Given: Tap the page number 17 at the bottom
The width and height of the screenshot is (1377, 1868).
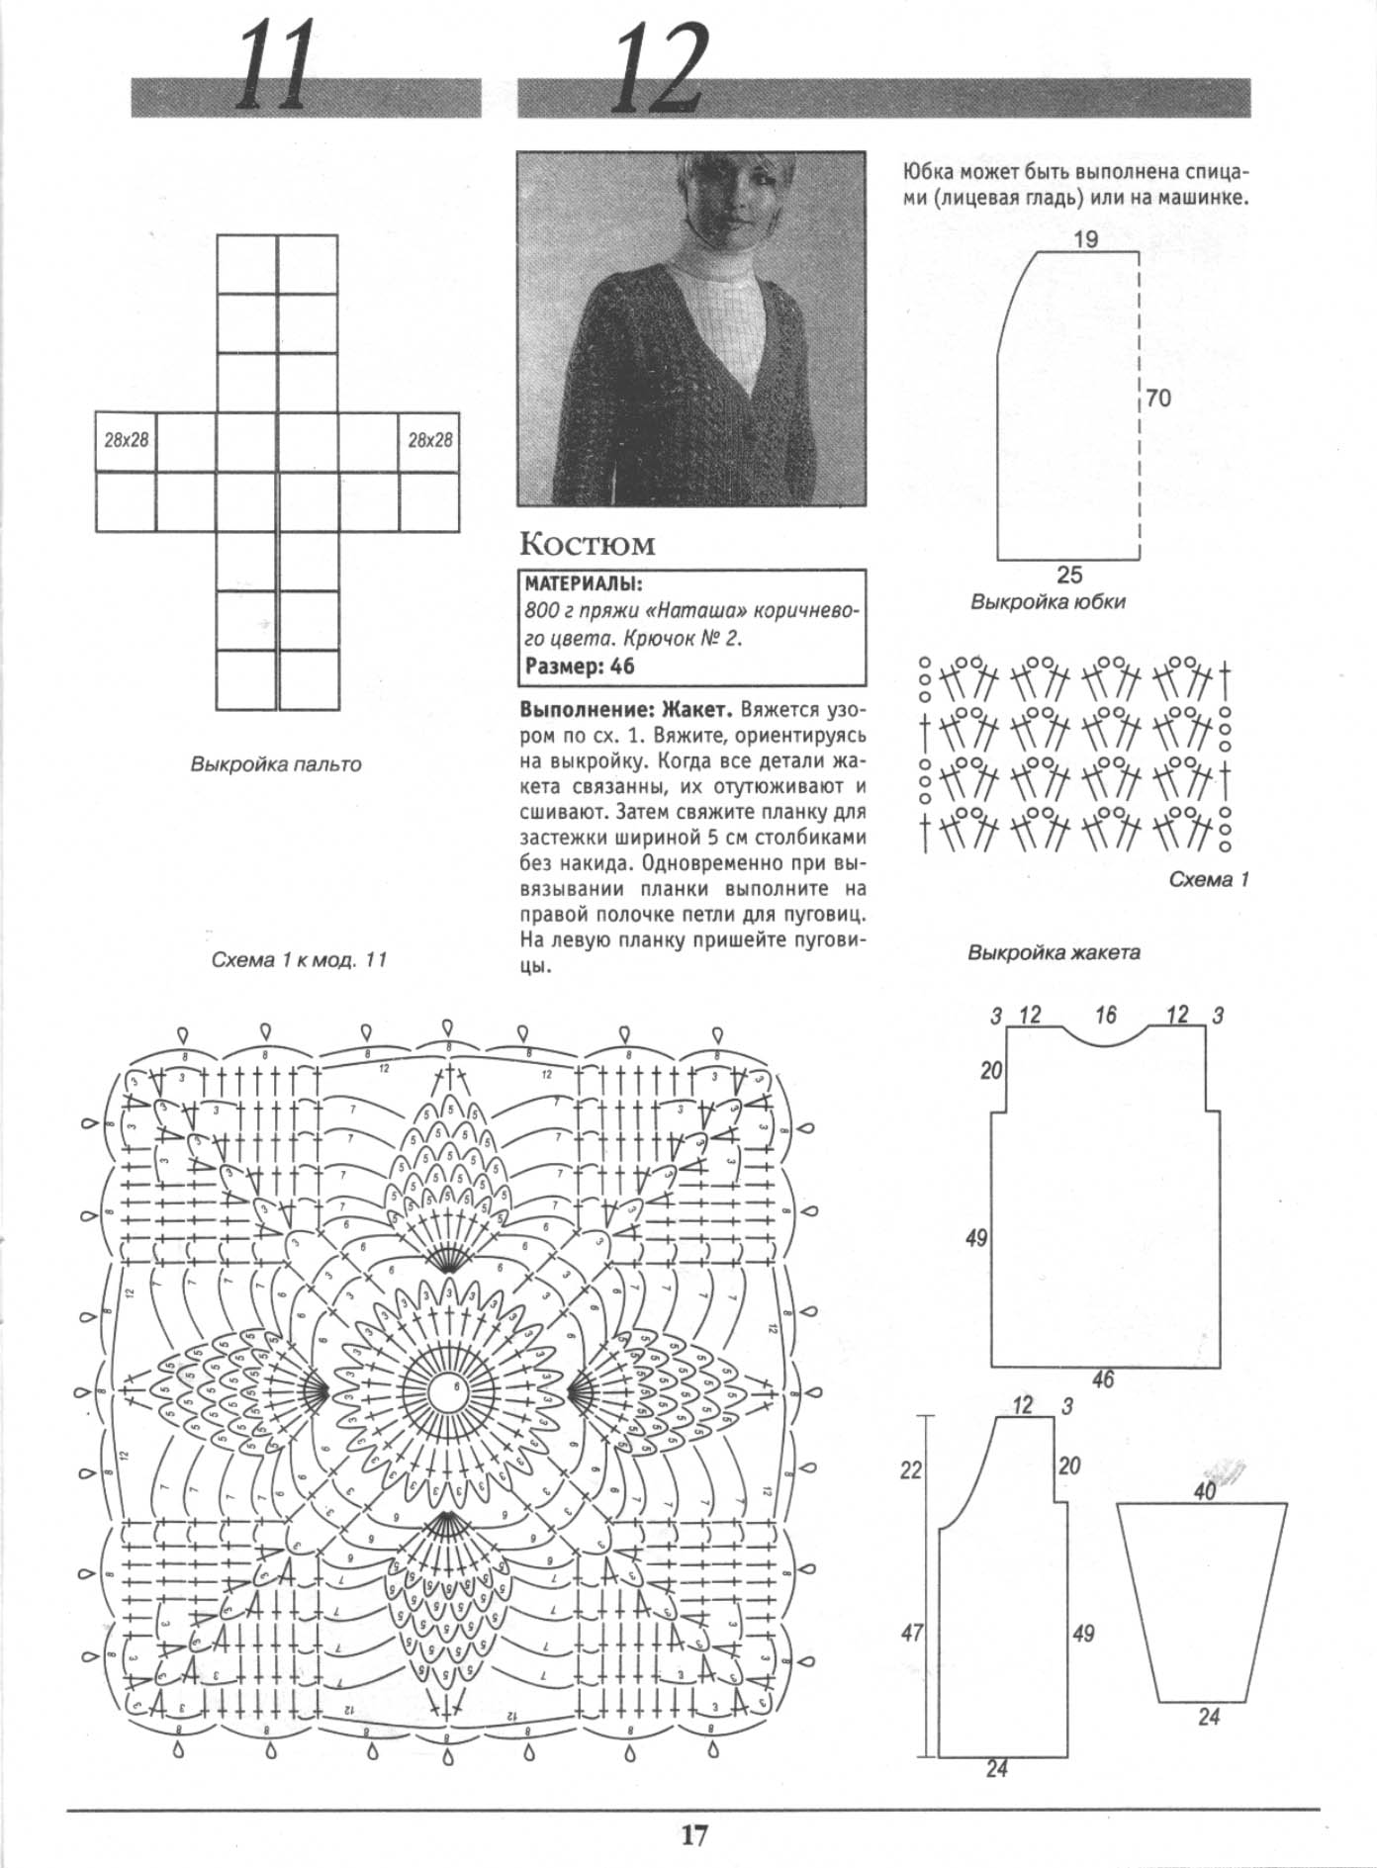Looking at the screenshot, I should [694, 1834].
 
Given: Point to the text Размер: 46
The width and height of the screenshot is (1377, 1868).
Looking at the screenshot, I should [580, 666].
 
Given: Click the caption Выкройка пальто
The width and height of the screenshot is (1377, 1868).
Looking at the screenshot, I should [276, 764].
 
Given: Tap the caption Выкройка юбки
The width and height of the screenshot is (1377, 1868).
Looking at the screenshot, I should [1048, 601].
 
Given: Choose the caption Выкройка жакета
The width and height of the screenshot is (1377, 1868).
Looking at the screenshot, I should [1054, 953].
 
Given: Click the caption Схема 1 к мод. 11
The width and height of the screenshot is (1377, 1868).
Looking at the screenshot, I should [299, 960].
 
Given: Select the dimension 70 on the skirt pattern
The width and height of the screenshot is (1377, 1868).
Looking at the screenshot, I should [1158, 398].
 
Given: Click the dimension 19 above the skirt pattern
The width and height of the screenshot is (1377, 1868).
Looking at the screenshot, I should [1085, 239].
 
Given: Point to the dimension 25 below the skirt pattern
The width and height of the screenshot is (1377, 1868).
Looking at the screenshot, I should [1069, 575].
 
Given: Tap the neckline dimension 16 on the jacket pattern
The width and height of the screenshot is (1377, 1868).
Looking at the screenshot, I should [1105, 1014].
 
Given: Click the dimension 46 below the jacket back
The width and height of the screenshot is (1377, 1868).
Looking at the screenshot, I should [1102, 1379].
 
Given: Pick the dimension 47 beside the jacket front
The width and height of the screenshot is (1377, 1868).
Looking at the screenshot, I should [911, 1633].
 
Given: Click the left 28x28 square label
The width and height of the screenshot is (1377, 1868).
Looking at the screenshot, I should [127, 440].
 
